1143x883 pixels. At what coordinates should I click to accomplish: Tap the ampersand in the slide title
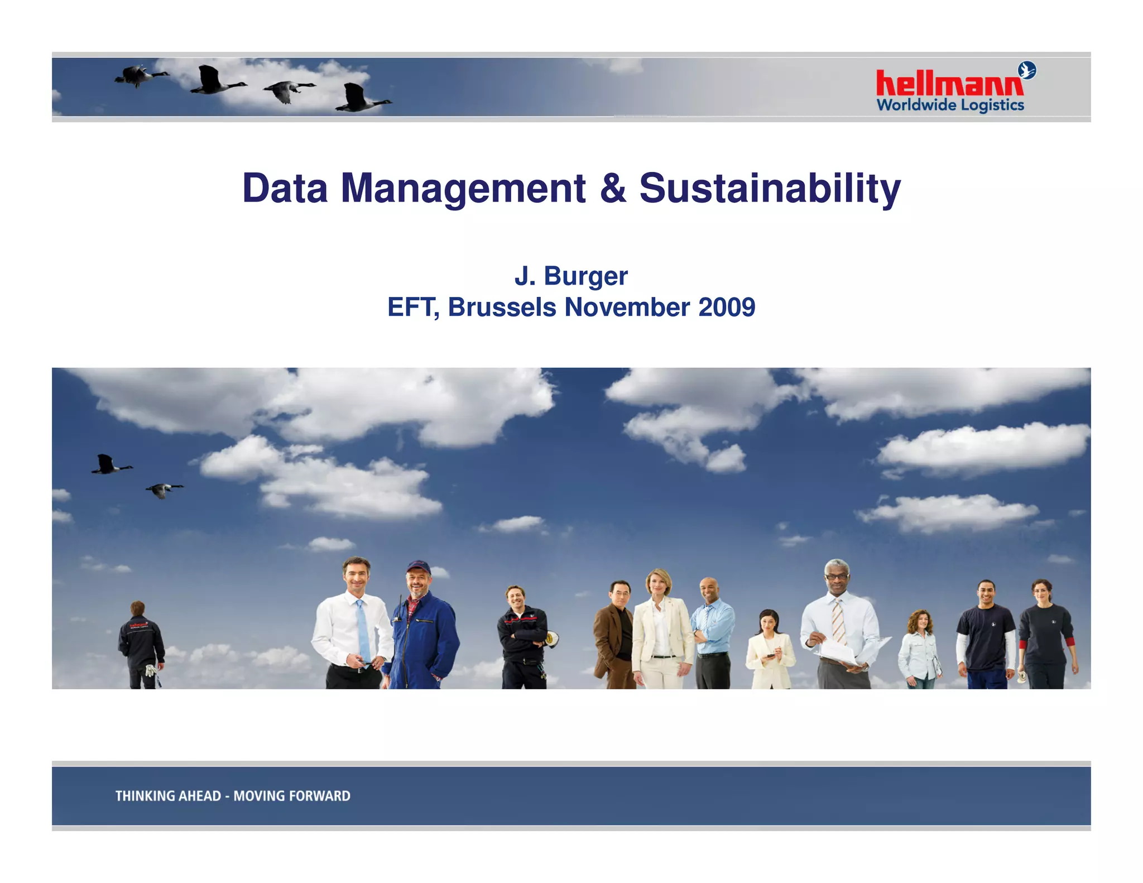(613, 189)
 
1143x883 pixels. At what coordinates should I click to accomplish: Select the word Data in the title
(285, 189)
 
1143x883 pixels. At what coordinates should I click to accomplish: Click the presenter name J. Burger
(571, 276)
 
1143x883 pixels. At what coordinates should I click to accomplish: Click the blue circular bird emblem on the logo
(1027, 70)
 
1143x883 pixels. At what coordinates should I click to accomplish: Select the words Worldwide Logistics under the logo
(950, 105)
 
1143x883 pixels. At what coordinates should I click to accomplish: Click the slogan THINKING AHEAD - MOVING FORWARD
(233, 796)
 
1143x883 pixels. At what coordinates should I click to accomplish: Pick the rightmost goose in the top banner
(360, 98)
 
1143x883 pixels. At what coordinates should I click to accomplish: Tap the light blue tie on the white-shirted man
(363, 631)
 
